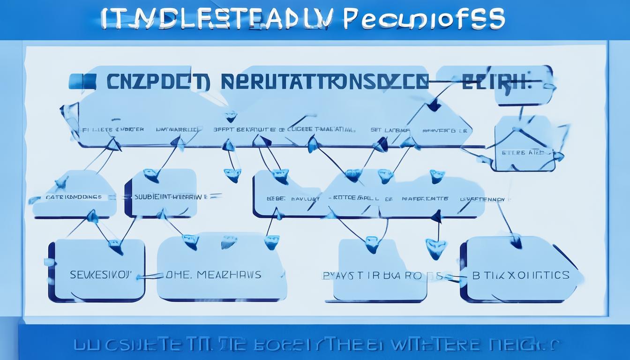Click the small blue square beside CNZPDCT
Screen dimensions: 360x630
pyautogui.click(x=82, y=81)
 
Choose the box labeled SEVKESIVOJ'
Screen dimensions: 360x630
pyautogui.click(x=100, y=274)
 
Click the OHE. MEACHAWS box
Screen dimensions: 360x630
pyautogui.click(x=214, y=274)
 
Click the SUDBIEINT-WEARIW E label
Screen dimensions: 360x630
pyautogui.click(x=172, y=197)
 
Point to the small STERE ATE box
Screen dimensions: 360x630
pyautogui.click(x=520, y=152)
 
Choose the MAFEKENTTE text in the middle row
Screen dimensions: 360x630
pyautogui.click(x=425, y=199)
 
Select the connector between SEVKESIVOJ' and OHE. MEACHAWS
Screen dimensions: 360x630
pyautogui.click(x=151, y=276)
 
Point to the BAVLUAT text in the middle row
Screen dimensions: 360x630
pyautogui.click(x=305, y=199)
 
